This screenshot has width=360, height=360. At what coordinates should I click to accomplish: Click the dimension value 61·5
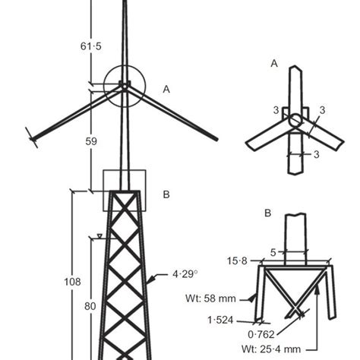click(90, 46)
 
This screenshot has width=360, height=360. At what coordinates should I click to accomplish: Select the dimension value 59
click(90, 141)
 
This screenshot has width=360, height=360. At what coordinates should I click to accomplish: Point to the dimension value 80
click(90, 306)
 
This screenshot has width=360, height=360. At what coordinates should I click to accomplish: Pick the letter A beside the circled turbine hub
click(166, 89)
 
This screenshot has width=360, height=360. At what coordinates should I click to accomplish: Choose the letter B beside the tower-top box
click(166, 194)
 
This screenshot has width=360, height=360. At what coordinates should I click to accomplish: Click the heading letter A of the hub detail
click(274, 65)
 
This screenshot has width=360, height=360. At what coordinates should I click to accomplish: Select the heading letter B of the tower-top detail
click(267, 213)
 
